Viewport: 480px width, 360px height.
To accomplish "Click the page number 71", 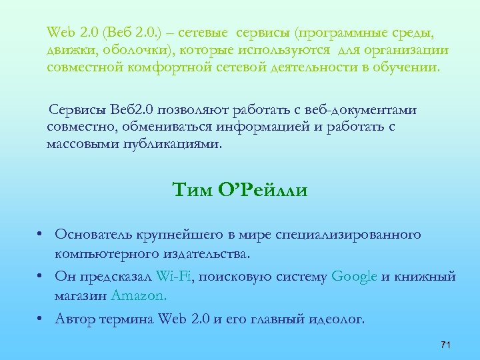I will tap(447, 344).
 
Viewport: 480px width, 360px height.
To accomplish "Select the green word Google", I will tap(354, 277).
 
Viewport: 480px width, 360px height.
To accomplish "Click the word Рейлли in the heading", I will tap(272, 191).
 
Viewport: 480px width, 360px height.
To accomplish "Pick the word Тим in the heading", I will tap(191, 191).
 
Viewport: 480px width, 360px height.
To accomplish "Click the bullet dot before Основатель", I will tap(41, 235).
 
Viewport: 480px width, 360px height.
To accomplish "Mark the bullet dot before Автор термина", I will tap(41, 319).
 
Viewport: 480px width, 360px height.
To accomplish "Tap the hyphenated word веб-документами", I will tap(365, 110).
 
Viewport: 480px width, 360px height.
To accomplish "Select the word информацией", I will tap(251, 127).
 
